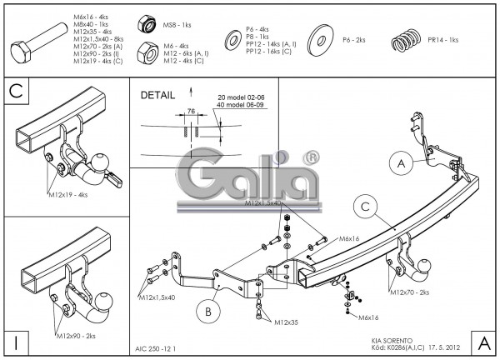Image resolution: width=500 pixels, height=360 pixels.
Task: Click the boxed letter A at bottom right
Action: coord(483,342)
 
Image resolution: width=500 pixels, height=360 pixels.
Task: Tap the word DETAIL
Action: coord(159,96)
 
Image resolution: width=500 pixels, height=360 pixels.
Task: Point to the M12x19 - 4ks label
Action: coord(66,195)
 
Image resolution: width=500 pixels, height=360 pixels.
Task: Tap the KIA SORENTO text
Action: coord(390,341)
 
